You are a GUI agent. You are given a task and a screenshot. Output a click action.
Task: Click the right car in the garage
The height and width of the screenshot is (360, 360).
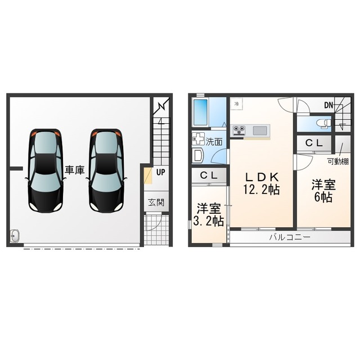pyautogui.click(x=106, y=170)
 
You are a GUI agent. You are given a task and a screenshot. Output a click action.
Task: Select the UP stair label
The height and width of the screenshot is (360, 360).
pyautogui.click(x=161, y=172)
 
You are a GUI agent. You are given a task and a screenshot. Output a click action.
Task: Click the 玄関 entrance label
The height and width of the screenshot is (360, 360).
pyautogui.click(x=156, y=202)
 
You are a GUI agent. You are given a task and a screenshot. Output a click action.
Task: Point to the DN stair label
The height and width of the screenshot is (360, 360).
pyautogui.click(x=328, y=105)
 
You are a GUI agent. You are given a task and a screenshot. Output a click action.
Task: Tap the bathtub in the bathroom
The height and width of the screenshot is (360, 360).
pyautogui.click(x=200, y=113)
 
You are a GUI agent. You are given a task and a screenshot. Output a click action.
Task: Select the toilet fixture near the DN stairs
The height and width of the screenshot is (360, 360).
pyautogui.click(x=321, y=123)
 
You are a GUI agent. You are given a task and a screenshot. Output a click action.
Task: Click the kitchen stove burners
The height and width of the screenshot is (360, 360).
pyautogui.click(x=239, y=130)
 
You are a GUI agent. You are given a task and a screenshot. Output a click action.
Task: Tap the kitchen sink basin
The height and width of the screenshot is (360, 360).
pyautogui.click(x=260, y=130)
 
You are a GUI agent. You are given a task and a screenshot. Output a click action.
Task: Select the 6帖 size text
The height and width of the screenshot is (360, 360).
pyautogui.click(x=324, y=197)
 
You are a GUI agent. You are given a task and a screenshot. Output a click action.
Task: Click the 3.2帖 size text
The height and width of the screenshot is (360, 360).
pyautogui.click(x=208, y=221)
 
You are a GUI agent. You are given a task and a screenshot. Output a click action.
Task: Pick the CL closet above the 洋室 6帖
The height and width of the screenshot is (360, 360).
pyautogui.click(x=314, y=143)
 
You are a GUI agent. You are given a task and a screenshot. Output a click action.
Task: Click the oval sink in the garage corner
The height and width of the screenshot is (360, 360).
pyautogui.click(x=15, y=235)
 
